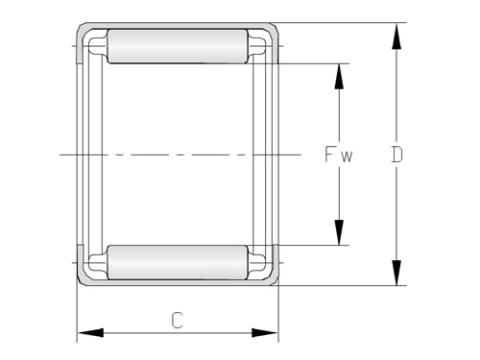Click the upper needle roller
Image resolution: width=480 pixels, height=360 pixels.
point(177,46)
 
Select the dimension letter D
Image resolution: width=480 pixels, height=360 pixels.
point(396,154)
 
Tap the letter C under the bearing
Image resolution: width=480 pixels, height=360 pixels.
point(177,319)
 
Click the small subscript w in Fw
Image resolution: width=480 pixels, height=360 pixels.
point(348,156)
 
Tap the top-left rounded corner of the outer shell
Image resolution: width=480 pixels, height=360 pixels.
point(81,28)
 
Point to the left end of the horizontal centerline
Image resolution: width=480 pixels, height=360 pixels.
point(60,154)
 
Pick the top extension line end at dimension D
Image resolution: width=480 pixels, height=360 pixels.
point(403,22)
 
